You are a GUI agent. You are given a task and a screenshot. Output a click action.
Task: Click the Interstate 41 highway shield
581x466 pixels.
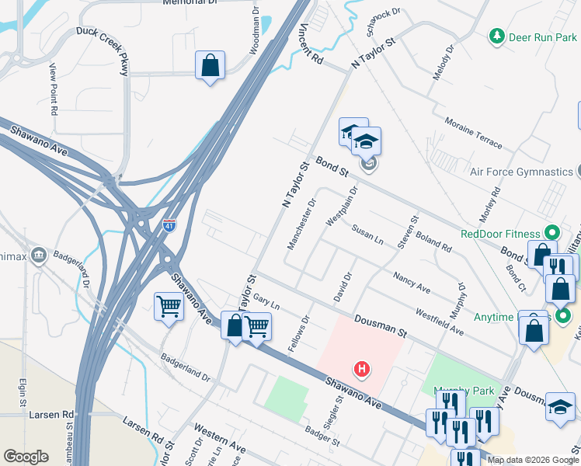pyautogui.click(x=170, y=225)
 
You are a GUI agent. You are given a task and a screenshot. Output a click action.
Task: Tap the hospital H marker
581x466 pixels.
pyautogui.click(x=360, y=367)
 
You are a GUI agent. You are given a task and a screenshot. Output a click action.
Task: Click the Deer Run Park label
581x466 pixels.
pyautogui.click(x=542, y=37)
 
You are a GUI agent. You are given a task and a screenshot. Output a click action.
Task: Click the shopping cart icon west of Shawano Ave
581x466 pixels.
pyautogui.click(x=168, y=307)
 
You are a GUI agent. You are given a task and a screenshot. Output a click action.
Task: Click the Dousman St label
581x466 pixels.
pyautogui.click(x=380, y=325)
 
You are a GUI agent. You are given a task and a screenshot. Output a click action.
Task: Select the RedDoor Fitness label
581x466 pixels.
pyautogui.click(x=499, y=233)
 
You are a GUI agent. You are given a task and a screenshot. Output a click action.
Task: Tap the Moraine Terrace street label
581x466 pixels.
pyautogui.click(x=474, y=133)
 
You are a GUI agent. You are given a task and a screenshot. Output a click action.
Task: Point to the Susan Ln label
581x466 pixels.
pyautogui.click(x=367, y=235)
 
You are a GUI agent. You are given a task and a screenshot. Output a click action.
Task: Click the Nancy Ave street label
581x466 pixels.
pyautogui.click(x=412, y=283)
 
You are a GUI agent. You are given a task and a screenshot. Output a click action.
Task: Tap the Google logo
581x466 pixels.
pyautogui.click(x=26, y=457)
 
